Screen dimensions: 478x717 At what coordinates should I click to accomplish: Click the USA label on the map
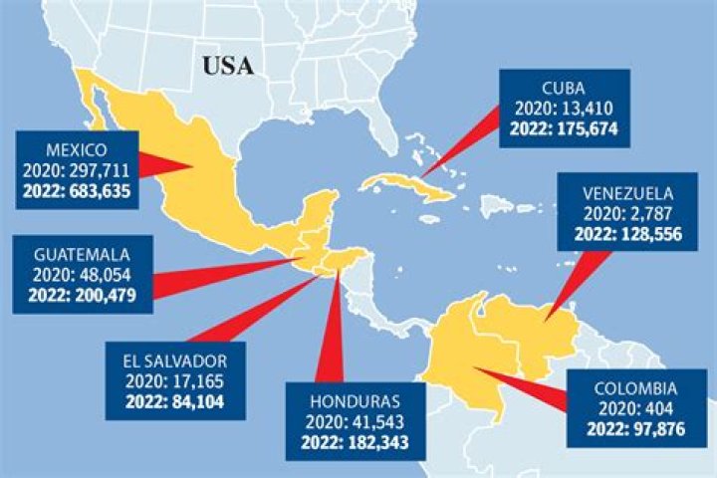[x=228, y=67]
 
